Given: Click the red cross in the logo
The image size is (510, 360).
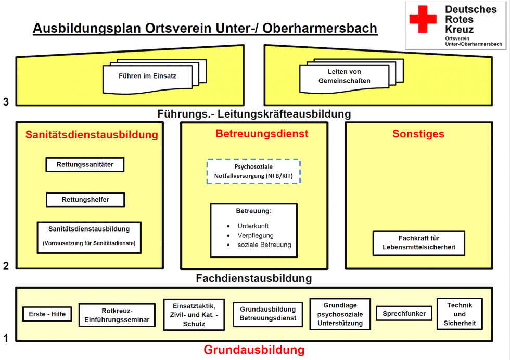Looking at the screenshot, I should [x=423, y=19].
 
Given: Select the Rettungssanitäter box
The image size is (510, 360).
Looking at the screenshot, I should [x=86, y=165].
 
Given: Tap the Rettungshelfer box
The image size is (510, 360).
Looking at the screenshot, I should [x=86, y=199].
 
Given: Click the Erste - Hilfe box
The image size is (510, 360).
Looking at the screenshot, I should [x=47, y=314].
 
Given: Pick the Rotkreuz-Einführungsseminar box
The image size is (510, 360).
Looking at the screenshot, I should [x=117, y=315].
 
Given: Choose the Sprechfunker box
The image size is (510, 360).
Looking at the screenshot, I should [x=404, y=314].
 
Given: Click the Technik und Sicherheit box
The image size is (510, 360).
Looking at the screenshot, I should [x=460, y=314].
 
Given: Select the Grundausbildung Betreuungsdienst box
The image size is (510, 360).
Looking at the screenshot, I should [x=267, y=314].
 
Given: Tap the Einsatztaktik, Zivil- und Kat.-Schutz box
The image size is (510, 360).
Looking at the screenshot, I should [x=194, y=314].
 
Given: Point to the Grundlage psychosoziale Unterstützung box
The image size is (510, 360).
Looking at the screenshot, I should [x=340, y=314].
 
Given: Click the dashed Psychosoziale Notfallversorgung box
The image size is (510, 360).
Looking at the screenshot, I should [x=253, y=172].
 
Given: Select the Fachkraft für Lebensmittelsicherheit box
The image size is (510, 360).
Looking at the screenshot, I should [x=418, y=243].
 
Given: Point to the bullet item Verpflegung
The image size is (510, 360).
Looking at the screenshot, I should [x=256, y=235].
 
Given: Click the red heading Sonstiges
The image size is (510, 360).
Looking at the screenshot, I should [x=418, y=134].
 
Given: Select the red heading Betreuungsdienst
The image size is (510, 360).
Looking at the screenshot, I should [x=262, y=134].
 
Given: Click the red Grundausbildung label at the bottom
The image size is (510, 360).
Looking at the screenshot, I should [x=254, y=350].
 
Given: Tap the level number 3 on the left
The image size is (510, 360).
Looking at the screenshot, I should [x=6, y=102].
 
